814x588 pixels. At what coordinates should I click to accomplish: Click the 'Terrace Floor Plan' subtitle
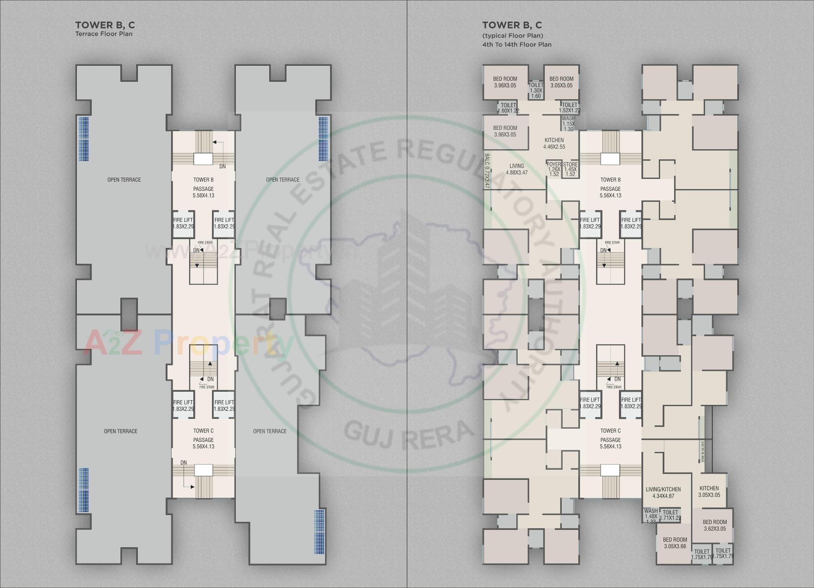[x=104, y=34]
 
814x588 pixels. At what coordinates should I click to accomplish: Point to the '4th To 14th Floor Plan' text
[x=517, y=45]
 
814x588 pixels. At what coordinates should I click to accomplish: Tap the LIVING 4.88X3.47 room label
[x=516, y=169]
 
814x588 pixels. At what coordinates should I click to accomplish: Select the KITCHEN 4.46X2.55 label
[x=554, y=143]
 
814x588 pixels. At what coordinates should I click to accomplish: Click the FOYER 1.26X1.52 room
[x=554, y=169]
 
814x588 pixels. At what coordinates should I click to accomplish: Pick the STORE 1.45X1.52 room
[x=570, y=169]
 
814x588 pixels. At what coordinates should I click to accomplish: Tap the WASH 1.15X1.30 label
[x=569, y=124]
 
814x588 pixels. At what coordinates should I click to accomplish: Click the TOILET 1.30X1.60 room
[x=536, y=91]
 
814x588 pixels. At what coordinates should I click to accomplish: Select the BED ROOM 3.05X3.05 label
[x=561, y=82]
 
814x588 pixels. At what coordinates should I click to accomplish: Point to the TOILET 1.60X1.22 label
[x=508, y=108]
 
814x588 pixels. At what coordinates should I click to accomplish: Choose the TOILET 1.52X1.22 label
[x=569, y=108]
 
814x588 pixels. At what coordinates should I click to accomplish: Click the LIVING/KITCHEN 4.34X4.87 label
[x=663, y=493]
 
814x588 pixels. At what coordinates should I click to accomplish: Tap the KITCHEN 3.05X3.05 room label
[x=709, y=491]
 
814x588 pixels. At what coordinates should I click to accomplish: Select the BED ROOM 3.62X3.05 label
[x=715, y=525]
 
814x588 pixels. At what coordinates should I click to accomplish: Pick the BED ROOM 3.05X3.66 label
[x=675, y=543]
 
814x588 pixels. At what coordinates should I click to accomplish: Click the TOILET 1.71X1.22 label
[x=670, y=515]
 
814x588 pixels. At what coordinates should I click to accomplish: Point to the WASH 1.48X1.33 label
[x=651, y=516]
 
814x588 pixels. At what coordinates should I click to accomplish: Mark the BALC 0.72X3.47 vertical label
[x=487, y=177]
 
